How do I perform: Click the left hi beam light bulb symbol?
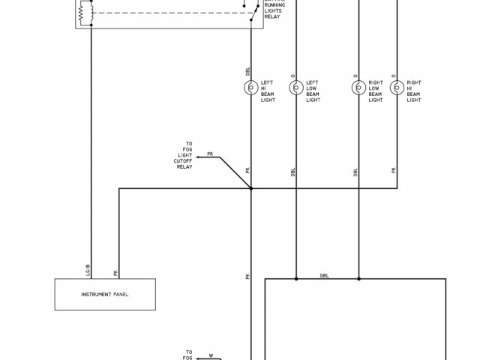pos(250,88)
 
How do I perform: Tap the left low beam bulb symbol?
pos(296,88)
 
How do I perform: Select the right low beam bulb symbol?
pos(358,88)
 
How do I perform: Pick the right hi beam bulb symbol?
pos(397,88)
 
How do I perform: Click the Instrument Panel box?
pos(105,294)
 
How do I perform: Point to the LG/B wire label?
pos(88,268)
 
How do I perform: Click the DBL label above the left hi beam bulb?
pos(247,71)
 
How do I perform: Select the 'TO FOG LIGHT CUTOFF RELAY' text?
pos(183,154)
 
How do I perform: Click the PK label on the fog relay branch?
pos(210,154)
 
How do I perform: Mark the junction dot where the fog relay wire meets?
pos(250,188)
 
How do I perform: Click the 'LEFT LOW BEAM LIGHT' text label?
pos(312,91)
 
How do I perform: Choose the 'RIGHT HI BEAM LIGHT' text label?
pos(413,91)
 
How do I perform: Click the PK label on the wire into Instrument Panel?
pos(115,273)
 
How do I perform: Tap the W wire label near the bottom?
pos(211,355)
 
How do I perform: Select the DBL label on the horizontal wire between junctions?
pos(325,275)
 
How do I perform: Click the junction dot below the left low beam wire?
pos(296,279)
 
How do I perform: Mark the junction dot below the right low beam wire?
pos(358,279)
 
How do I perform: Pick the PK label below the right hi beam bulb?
pos(394,171)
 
